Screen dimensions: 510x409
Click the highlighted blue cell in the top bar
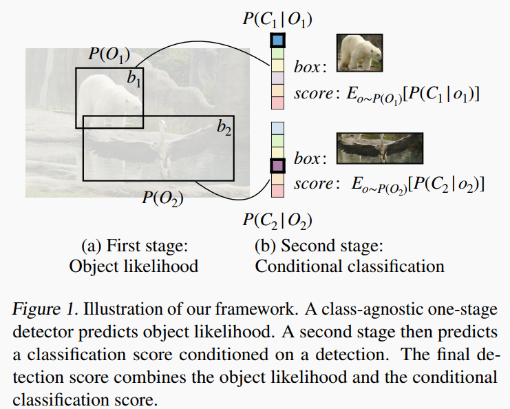coord(277,41)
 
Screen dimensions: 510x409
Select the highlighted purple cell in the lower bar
coord(277,166)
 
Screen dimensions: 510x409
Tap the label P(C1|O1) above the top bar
coord(277,19)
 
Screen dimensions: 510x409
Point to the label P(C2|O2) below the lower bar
coord(277,221)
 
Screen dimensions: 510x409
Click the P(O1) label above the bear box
coord(109,54)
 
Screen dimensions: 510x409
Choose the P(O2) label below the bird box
coord(162,198)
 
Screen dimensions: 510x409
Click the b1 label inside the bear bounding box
coord(134,78)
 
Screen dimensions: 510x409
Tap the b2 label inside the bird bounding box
coord(224,127)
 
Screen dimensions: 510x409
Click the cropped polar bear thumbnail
coord(359,53)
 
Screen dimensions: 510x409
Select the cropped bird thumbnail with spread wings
coord(379,148)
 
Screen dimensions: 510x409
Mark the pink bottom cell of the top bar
coord(277,103)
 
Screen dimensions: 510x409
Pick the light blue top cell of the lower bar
coord(277,128)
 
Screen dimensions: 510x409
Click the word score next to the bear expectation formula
coord(314,94)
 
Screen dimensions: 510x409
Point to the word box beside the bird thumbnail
coord(308,158)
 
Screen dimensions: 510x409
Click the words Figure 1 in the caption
coord(45,309)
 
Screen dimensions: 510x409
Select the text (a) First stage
coord(135,246)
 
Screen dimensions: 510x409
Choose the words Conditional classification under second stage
coord(350,266)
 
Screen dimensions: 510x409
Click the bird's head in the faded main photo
coord(163,124)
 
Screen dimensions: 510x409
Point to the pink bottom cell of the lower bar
coord(277,191)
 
